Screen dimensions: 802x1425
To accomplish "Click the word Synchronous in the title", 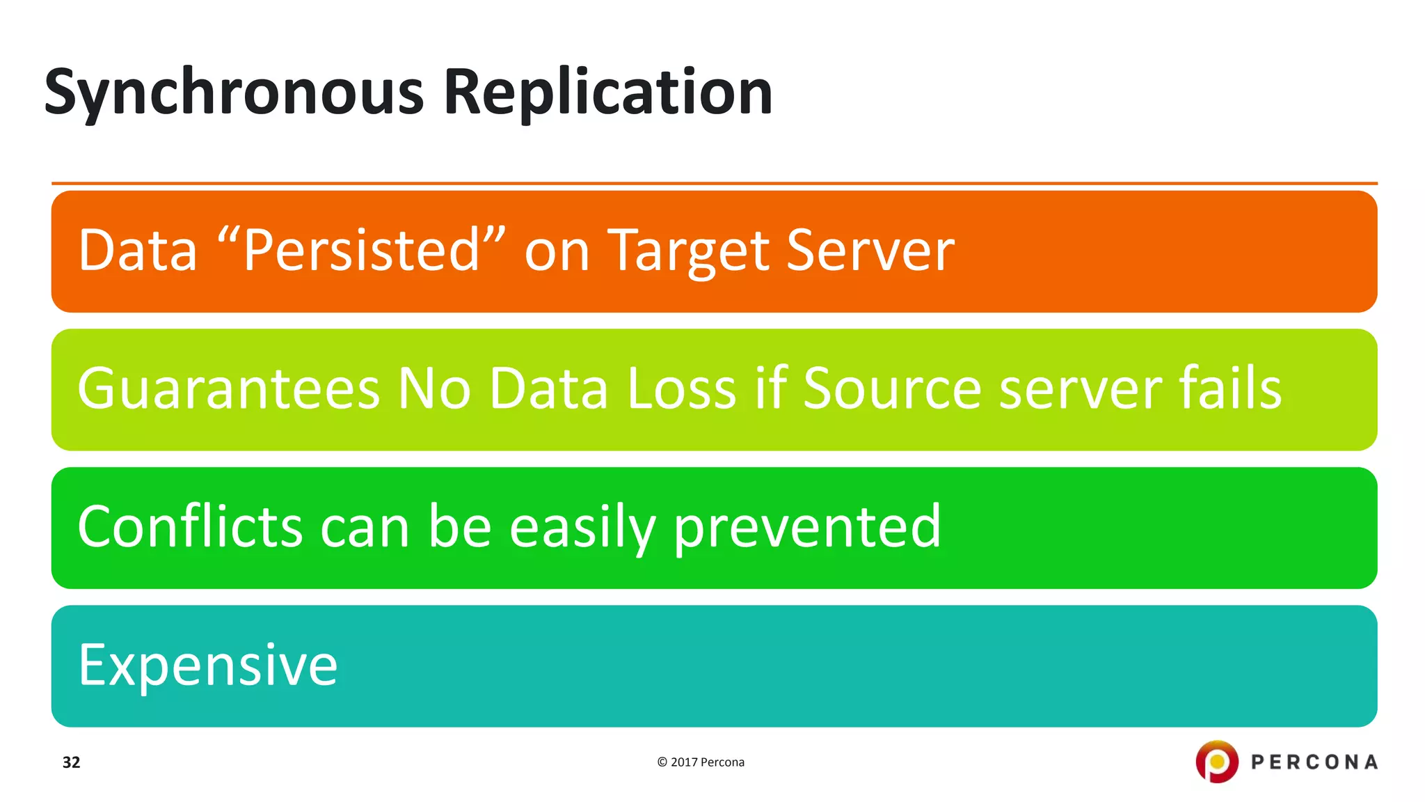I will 234,93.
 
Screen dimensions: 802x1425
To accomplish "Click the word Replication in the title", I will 607,93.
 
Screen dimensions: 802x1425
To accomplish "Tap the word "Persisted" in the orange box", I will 361,251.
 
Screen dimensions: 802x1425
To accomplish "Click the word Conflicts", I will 190,527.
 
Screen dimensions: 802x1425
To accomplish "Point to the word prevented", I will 807,528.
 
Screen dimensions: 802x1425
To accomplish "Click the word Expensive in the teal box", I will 208,666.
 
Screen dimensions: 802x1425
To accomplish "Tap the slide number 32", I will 72,762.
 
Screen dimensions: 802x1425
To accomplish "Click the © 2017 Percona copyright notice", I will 701,762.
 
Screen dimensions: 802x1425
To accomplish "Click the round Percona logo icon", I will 1216,762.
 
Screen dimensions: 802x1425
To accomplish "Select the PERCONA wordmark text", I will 1314,762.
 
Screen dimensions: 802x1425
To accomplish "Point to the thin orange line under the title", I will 714,184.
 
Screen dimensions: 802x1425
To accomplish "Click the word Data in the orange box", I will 138,251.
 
